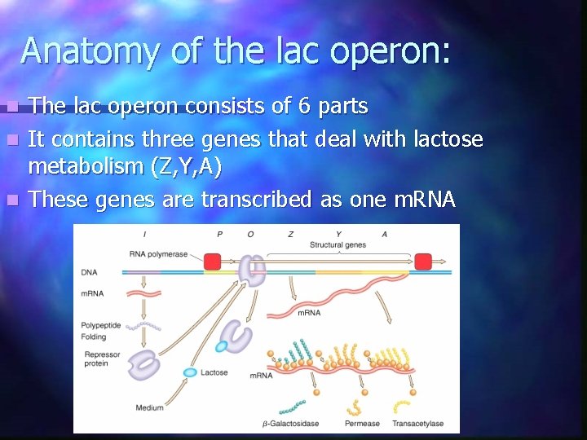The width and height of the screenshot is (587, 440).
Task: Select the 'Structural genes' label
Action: [338, 244]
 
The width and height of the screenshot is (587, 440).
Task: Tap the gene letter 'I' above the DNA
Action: [145, 235]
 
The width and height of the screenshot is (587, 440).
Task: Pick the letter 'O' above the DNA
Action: [250, 235]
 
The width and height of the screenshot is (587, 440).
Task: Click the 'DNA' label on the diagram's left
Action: [89, 272]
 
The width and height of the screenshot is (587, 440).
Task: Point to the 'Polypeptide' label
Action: [100, 325]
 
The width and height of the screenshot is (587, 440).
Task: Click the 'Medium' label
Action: [149, 407]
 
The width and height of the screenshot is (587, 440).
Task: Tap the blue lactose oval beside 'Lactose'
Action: [190, 372]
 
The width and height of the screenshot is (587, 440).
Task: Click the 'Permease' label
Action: [362, 424]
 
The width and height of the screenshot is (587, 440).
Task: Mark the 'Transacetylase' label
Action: [417, 424]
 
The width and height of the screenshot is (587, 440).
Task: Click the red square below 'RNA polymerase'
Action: [212, 262]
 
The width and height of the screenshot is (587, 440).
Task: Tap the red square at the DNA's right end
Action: [422, 262]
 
